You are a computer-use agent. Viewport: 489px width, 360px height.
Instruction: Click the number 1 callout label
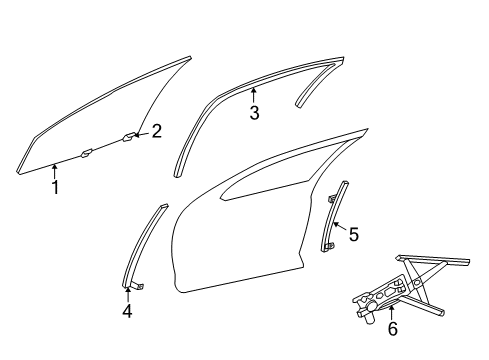(55, 187)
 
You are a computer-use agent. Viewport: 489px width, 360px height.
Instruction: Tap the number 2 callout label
(156, 130)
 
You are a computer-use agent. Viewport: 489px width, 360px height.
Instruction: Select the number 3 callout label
(254, 114)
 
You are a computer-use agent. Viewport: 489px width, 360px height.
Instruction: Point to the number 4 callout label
(127, 310)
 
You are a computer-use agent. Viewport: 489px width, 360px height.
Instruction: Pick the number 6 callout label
(391, 328)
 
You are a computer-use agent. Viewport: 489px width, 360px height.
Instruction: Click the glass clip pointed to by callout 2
(130, 135)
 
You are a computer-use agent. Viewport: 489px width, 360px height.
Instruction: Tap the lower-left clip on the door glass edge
(87, 153)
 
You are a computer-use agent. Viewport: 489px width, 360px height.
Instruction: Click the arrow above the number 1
(54, 172)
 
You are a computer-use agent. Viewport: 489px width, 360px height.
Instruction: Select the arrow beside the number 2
(143, 132)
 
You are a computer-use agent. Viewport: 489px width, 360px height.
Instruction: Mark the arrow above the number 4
(127, 293)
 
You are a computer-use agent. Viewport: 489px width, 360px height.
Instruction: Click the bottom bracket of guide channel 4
(139, 286)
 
